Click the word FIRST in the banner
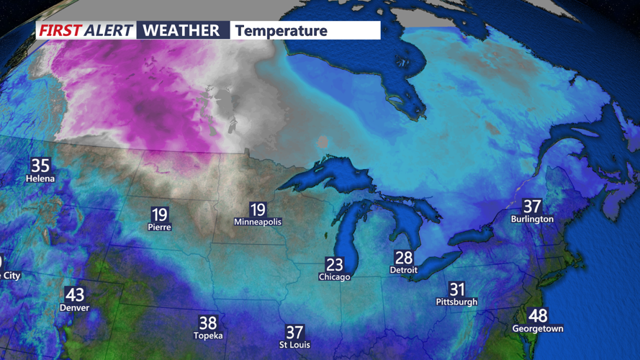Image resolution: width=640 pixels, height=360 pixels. (x=60, y=30)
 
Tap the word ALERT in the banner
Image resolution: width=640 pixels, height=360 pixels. (x=108, y=30)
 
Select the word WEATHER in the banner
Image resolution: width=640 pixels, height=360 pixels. (x=181, y=30)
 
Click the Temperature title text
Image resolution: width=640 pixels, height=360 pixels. (x=281, y=30)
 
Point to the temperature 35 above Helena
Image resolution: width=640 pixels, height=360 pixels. (x=40, y=165)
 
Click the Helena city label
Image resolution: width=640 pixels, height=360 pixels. (x=40, y=178)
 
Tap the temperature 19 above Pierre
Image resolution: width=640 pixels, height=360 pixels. (x=160, y=214)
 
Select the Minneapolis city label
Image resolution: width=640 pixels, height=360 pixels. (x=258, y=222)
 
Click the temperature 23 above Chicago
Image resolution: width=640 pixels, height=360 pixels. (x=334, y=264)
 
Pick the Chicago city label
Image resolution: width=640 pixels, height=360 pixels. (x=334, y=276)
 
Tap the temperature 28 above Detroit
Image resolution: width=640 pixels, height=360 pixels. (x=403, y=258)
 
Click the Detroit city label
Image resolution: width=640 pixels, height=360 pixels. (x=403, y=270)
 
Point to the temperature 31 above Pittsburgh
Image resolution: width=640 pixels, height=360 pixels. (x=456, y=289)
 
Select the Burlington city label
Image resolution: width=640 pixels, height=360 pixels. (x=532, y=218)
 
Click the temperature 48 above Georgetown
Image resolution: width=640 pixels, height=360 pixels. (x=537, y=315)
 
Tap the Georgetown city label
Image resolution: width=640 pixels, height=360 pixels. (x=537, y=328)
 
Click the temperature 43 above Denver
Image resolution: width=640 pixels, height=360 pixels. (x=75, y=294)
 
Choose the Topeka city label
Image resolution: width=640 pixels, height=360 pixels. (x=208, y=336)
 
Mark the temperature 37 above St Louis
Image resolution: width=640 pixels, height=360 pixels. (x=294, y=332)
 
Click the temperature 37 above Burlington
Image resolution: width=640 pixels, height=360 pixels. (x=532, y=206)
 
